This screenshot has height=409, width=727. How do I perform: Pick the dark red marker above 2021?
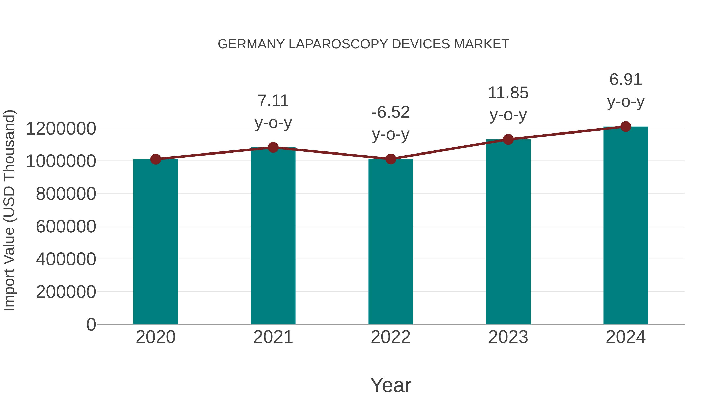pos(273,147)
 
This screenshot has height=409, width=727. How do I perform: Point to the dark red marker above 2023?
pos(508,139)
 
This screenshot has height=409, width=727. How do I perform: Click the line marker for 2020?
pos(155,159)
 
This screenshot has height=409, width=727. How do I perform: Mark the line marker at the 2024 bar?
pos(626,127)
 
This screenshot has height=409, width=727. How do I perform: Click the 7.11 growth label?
pos(273,101)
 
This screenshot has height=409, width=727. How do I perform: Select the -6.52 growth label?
pos(391,112)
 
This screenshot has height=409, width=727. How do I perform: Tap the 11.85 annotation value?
pos(508,93)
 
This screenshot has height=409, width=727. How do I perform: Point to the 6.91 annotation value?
pos(626,79)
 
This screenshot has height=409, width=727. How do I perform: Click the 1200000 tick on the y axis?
pos(61,129)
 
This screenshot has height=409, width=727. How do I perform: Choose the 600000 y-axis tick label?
pos(66,226)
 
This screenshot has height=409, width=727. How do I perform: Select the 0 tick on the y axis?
pos(91,324)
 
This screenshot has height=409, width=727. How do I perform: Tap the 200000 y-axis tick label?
pos(66,292)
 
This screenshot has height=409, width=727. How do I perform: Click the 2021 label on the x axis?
pos(273,337)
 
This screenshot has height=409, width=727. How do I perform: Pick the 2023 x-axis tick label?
pos(508,337)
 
